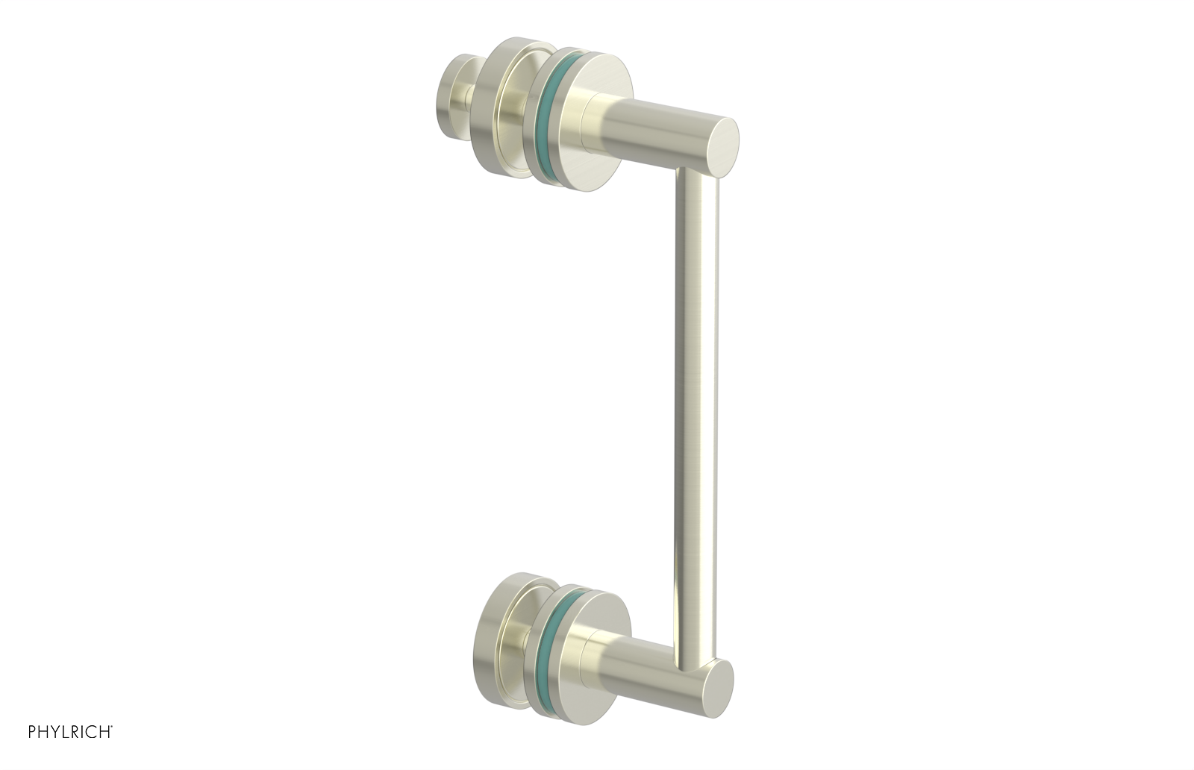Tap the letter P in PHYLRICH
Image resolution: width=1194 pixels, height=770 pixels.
point(32,732)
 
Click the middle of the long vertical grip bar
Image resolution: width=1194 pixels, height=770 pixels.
point(696,410)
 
